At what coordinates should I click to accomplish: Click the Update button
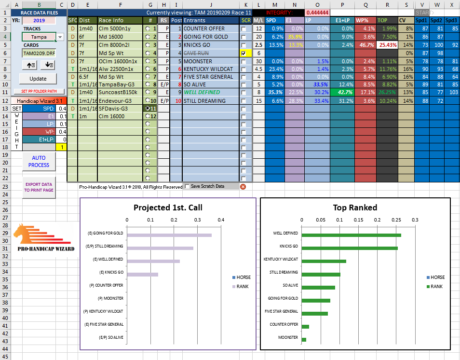(38, 79)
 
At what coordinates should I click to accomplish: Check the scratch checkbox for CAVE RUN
(244, 54)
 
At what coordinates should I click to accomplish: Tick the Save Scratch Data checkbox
(187, 186)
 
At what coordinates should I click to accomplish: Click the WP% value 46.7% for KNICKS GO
(365, 45)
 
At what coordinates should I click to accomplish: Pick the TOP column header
(382, 21)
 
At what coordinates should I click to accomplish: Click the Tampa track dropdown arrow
(60, 37)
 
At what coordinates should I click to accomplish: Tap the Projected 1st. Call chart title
(167, 208)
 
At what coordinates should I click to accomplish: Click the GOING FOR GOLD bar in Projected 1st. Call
(169, 235)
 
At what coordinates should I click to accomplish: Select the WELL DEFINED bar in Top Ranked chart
(352, 235)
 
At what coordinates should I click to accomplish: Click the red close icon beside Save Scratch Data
(243, 187)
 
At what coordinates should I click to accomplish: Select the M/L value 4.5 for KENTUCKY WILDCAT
(258, 69)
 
